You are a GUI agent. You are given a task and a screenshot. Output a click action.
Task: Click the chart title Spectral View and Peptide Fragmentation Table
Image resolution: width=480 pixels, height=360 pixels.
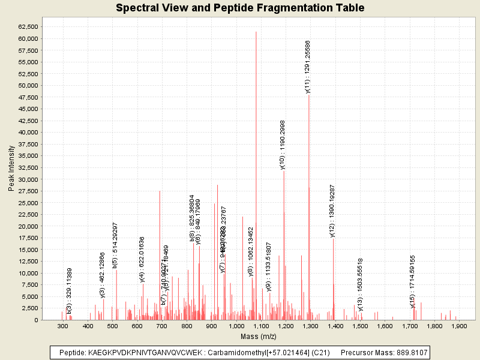239,8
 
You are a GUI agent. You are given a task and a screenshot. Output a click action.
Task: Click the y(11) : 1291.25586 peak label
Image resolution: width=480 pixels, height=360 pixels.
308,67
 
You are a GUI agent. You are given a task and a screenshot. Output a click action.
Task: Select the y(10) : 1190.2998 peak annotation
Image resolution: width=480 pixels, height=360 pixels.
283,145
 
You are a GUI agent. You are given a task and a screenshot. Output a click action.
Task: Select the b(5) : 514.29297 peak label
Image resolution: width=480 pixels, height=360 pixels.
115,245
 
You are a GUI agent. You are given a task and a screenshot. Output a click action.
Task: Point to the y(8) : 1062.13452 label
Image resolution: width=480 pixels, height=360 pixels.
251,251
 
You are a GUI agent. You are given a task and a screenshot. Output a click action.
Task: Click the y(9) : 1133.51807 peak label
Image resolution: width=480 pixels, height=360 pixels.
269,267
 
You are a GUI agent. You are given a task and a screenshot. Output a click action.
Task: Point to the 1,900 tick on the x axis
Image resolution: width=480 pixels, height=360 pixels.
458,326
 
